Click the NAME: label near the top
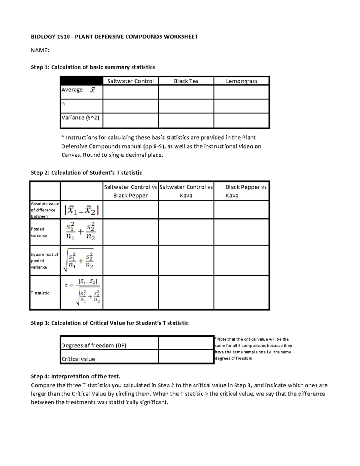click(x=40, y=50)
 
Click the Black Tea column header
click(x=186, y=81)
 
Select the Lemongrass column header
click(x=241, y=81)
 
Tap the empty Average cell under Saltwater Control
click(x=130, y=92)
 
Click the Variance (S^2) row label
click(x=80, y=118)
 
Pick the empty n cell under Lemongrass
click(x=241, y=106)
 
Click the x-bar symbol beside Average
click(x=92, y=90)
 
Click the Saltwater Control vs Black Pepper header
click(x=130, y=191)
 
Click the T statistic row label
click(x=40, y=293)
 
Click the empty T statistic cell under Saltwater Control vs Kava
click(x=186, y=293)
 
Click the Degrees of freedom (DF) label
click(x=94, y=345)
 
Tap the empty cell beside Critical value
click(x=186, y=357)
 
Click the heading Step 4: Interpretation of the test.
click(x=75, y=376)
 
